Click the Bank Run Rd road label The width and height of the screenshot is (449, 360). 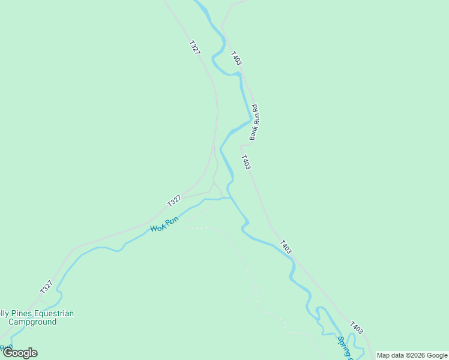tap(254, 122)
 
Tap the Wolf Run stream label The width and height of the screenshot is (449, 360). tap(164, 224)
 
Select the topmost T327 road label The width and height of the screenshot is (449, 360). tap(194, 48)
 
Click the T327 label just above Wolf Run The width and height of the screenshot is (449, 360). tap(174, 201)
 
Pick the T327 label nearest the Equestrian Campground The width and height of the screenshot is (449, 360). tap(47, 287)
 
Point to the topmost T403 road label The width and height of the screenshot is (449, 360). tap(237, 58)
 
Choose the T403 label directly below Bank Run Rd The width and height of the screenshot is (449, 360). tap(246, 162)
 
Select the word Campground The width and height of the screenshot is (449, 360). tap(28, 322)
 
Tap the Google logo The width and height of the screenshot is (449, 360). tap(20, 353)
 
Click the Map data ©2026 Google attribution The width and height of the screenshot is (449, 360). tap(412, 355)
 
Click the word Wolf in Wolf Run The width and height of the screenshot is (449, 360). tap(157, 227)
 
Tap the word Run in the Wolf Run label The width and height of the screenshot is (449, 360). tap(172, 221)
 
